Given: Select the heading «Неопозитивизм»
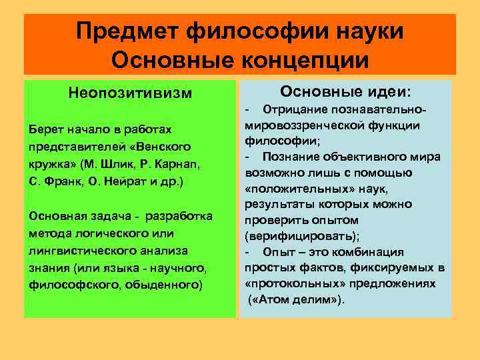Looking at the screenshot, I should tap(129, 93).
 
